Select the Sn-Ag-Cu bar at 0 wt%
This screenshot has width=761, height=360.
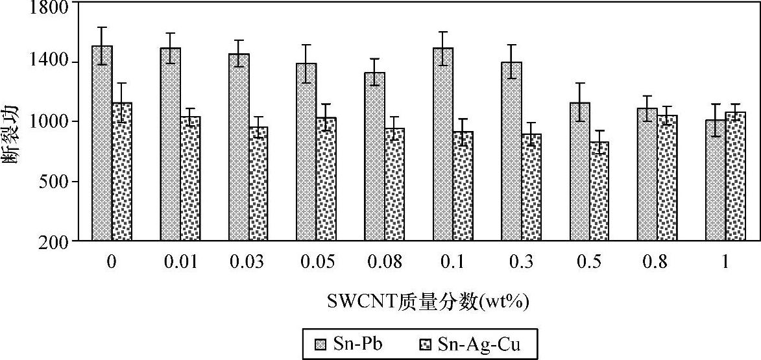click(122, 171)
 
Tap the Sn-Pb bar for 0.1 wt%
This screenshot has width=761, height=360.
click(443, 144)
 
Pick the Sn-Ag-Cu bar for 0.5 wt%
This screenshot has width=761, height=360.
click(599, 191)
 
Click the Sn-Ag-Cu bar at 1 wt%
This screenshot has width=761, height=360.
click(736, 176)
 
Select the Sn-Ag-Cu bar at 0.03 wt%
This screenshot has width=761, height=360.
click(258, 184)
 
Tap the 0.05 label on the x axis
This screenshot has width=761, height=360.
click(318, 263)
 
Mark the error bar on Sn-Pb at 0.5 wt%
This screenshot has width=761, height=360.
click(580, 102)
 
